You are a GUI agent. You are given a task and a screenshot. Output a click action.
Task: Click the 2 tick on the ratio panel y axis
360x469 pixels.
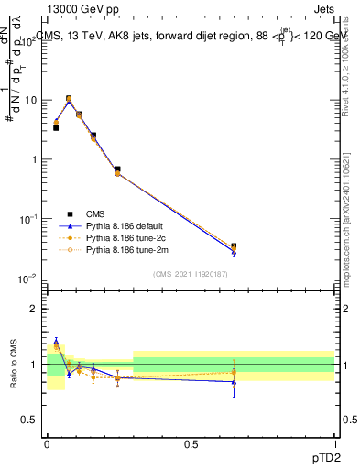[x=35, y=309]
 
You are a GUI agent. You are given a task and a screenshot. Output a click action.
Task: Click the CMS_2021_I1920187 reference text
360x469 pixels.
[x=190, y=274]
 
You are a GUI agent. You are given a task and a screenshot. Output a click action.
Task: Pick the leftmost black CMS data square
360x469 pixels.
[x=56, y=127]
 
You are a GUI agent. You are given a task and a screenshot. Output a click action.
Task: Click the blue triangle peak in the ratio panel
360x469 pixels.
[x=56, y=341]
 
